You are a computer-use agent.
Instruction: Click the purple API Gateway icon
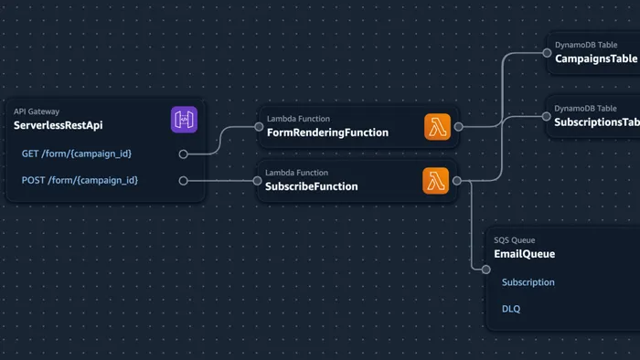[184, 120]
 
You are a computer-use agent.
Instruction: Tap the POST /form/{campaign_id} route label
[81, 180]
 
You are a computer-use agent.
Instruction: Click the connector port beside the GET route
[184, 154]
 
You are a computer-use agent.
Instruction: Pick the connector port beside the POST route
[184, 181]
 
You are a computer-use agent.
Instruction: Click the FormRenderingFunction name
[327, 132]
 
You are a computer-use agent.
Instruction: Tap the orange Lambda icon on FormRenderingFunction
[438, 127]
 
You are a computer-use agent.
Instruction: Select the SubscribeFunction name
[312, 186]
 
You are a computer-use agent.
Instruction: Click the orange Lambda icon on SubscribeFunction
[436, 181]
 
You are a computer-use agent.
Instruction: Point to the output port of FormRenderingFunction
[458, 127]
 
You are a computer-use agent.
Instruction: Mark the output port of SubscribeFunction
[456, 181]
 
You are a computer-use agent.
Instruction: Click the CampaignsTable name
[595, 58]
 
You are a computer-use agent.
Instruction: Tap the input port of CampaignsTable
[546, 52]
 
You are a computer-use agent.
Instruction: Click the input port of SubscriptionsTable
[546, 116]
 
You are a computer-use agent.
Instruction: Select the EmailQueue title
[524, 254]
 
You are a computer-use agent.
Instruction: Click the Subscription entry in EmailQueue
[528, 282]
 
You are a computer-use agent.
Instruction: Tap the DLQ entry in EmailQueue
[511, 309]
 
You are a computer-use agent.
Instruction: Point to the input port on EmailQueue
[486, 269]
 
